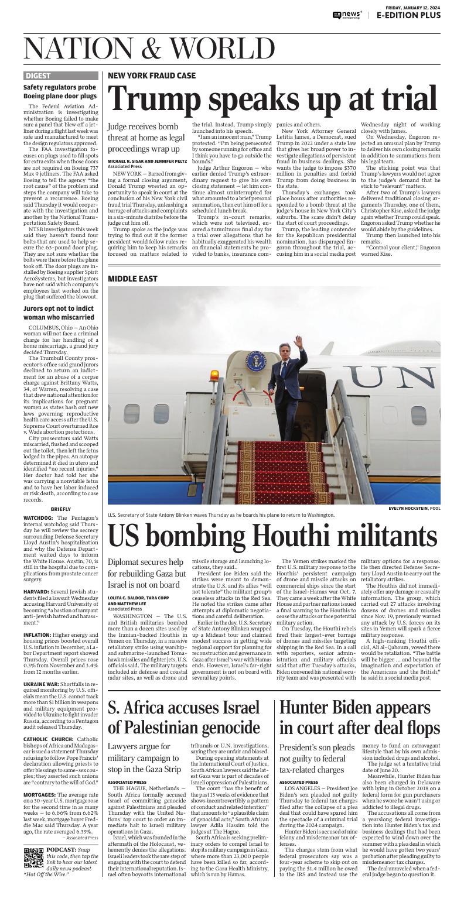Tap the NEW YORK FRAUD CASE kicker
pos(152,76)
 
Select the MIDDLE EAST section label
pos(132,279)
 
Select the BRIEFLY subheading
pos(61,509)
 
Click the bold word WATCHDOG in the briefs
pos(39,518)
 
